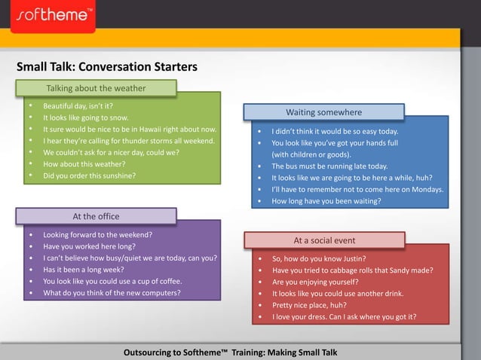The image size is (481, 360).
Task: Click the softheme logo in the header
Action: point(53,15)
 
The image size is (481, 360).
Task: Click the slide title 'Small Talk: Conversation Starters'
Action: point(106,67)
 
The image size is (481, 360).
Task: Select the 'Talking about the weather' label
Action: point(96,88)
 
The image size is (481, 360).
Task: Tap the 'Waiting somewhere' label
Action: point(323,112)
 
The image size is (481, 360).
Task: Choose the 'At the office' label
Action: point(96,216)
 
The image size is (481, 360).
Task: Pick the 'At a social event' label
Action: point(324,240)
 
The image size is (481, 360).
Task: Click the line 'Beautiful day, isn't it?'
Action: point(78,106)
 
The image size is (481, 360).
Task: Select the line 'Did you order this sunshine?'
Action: point(89,175)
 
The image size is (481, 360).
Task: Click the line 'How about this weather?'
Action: point(84,163)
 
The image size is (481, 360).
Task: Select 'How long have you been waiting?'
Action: point(326,201)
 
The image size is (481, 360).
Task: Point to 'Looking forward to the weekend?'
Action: point(97,234)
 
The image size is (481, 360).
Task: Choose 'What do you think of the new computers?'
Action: point(112,292)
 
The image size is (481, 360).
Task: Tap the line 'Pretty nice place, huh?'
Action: point(309,305)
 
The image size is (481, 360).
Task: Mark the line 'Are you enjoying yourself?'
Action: point(315,282)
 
